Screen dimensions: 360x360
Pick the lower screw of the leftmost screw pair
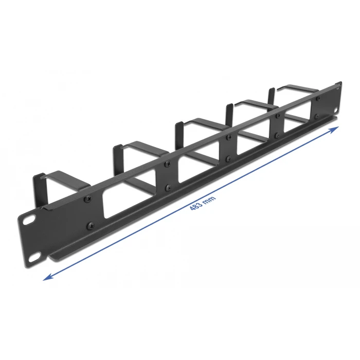(91, 225)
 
